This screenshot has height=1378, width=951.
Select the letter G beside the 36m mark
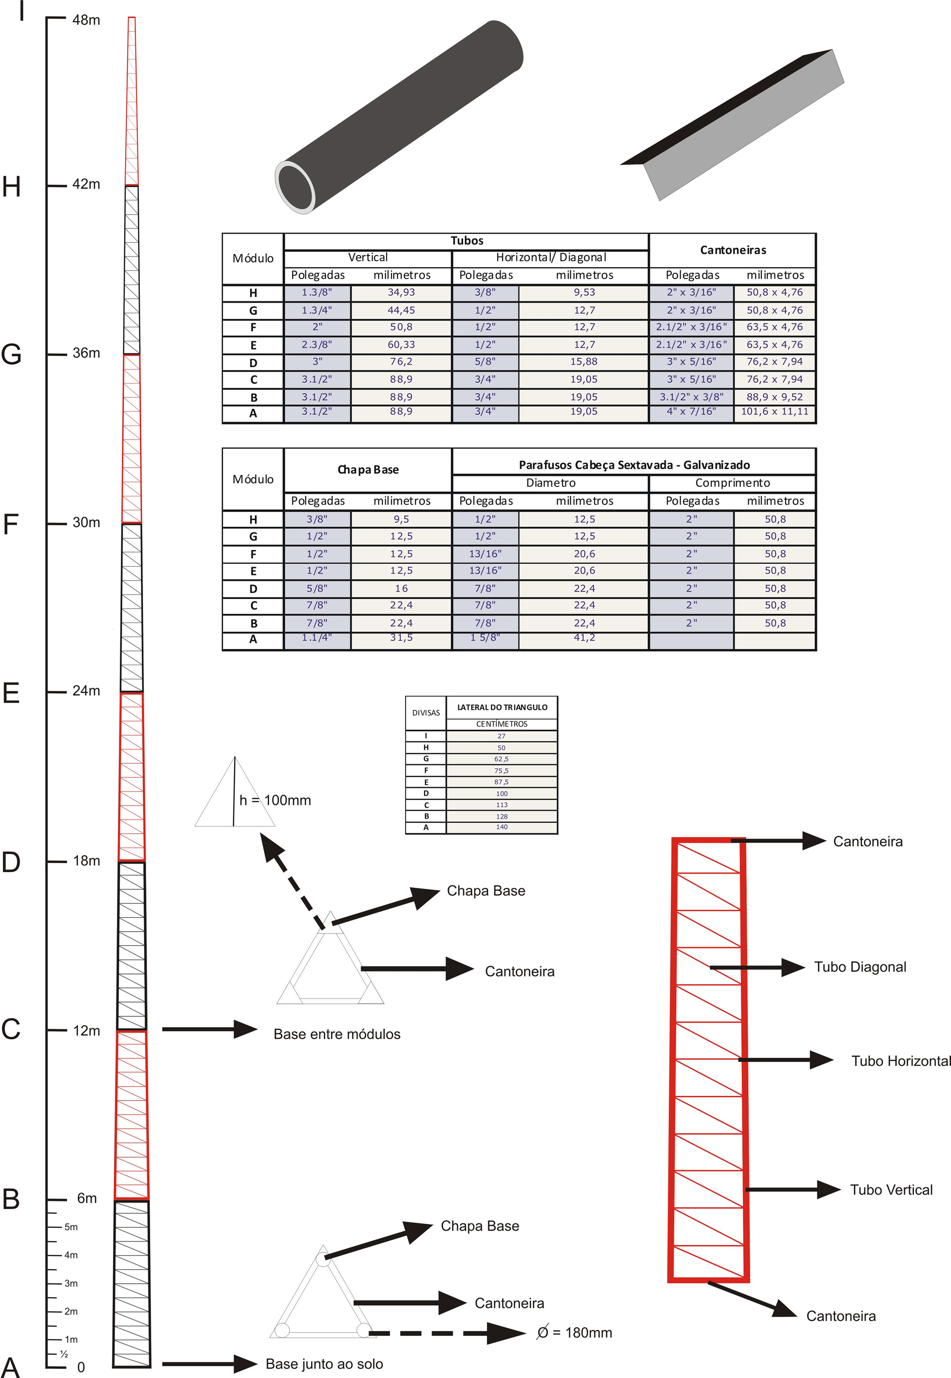click(x=11, y=354)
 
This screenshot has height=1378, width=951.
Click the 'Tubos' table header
click(x=466, y=241)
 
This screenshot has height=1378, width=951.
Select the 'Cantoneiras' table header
click(x=732, y=250)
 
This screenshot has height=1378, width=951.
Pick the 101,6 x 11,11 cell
click(x=775, y=412)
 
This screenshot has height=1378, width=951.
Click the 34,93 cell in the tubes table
click(x=401, y=292)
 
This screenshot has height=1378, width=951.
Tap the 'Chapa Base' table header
click(x=368, y=470)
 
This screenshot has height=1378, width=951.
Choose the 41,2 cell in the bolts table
click(x=584, y=638)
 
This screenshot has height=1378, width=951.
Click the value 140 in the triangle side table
click(x=502, y=827)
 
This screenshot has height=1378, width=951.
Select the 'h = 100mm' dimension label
click(x=275, y=800)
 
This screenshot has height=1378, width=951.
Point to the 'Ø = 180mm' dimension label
click(x=574, y=1333)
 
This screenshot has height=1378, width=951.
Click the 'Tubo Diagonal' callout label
click(x=860, y=967)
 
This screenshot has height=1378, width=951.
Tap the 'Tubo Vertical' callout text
click(x=891, y=1190)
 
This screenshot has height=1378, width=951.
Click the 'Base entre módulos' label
click(x=337, y=1034)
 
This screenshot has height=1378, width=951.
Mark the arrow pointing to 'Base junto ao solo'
click(x=209, y=1364)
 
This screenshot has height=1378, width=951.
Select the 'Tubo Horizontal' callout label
click(x=900, y=1061)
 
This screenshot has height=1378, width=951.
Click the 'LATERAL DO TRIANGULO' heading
click(x=502, y=707)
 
